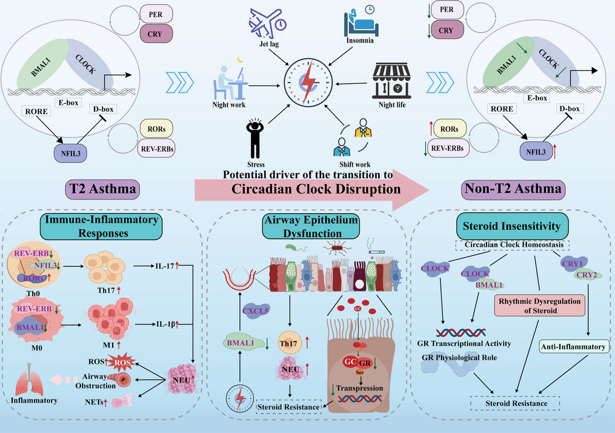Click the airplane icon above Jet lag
click(x=267, y=23)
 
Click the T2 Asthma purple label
click(x=102, y=190)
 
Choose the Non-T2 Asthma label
click(x=513, y=190)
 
